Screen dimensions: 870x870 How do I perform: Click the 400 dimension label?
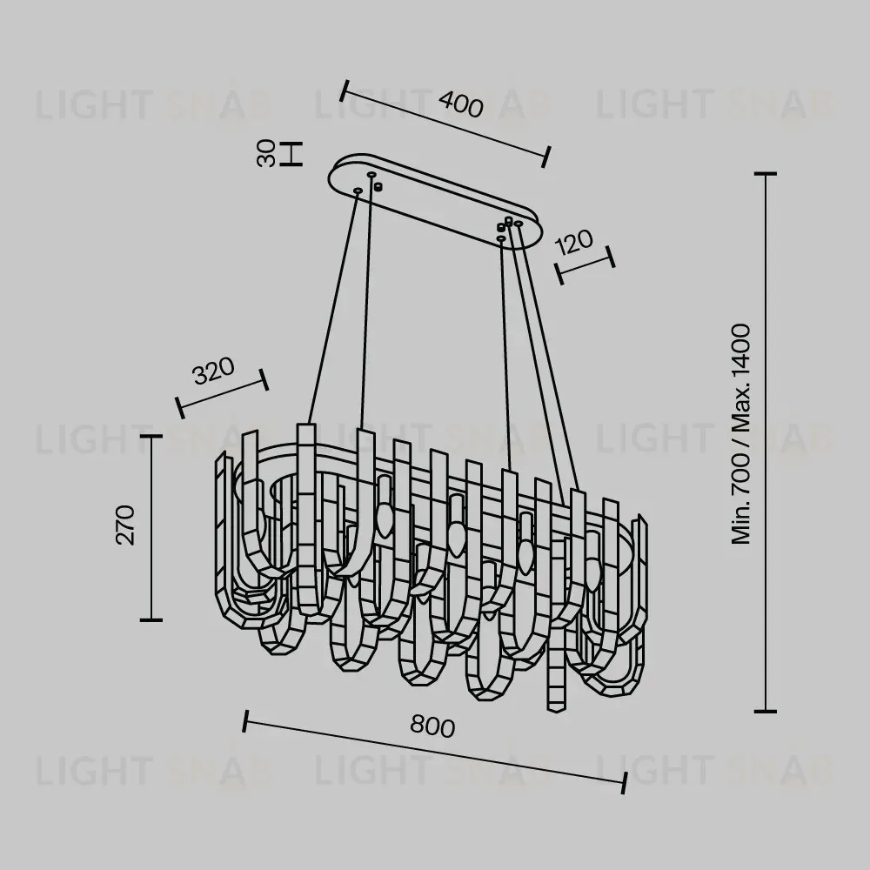tap(460, 104)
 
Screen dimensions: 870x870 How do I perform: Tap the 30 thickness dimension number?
tap(267, 153)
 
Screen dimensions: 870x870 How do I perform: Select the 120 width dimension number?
tap(573, 242)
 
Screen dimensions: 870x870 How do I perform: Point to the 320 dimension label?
tap(214, 371)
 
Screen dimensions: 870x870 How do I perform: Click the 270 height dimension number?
tap(125, 525)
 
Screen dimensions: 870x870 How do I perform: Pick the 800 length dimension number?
tap(432, 726)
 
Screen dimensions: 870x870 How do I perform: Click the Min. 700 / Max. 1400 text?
tap(740, 433)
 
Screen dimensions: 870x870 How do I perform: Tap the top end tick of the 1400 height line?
tap(765, 174)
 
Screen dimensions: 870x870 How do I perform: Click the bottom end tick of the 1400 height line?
tap(765, 711)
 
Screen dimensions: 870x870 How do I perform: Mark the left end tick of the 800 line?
tap(245, 720)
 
